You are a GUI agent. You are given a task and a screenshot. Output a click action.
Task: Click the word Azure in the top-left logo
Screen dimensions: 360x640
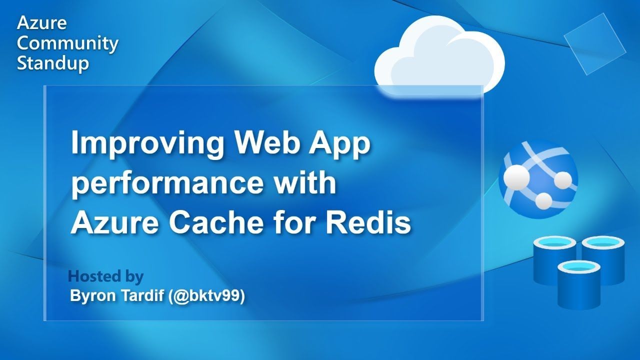coord(41,23)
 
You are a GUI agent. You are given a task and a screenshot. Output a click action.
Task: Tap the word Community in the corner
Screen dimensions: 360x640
coord(67,44)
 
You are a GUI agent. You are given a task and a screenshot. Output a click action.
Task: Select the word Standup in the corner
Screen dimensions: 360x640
coord(53,63)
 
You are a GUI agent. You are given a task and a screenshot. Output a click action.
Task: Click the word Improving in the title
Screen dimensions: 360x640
coord(147,143)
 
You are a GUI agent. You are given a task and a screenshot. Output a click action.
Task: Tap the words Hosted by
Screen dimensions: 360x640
coord(105,276)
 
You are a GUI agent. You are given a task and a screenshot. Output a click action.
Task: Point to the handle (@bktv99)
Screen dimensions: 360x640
coord(206,296)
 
